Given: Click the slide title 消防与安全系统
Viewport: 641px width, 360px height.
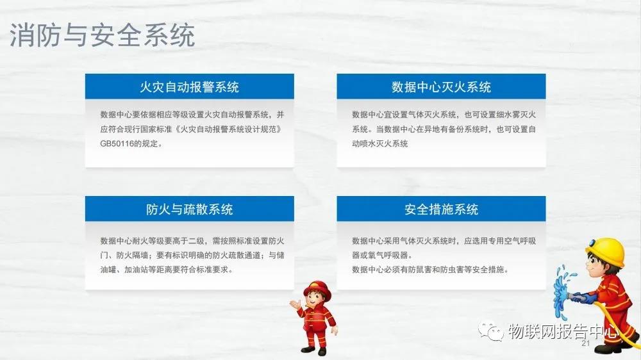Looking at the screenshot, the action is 102,35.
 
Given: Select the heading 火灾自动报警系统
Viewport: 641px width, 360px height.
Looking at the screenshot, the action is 189,87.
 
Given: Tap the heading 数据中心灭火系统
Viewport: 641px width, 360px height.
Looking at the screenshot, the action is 441,87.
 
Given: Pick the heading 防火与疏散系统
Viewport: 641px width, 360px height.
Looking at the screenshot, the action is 189,209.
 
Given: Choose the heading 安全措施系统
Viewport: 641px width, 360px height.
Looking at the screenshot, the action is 441,209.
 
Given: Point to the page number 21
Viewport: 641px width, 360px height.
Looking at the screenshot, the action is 585,343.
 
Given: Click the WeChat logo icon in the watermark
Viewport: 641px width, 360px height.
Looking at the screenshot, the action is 490,331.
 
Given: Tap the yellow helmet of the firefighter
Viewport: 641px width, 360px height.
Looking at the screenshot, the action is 606,250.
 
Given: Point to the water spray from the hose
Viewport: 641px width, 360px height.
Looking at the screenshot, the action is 563,290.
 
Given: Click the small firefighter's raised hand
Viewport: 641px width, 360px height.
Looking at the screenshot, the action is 295,304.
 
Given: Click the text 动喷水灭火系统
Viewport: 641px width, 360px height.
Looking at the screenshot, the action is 379,144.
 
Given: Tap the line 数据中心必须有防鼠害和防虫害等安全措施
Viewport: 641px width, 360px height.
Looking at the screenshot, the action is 430,270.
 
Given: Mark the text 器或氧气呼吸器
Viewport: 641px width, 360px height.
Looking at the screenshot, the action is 382,256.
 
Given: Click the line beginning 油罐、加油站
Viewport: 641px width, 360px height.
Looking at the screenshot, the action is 167,270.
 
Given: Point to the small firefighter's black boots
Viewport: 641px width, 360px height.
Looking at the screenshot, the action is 314,350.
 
